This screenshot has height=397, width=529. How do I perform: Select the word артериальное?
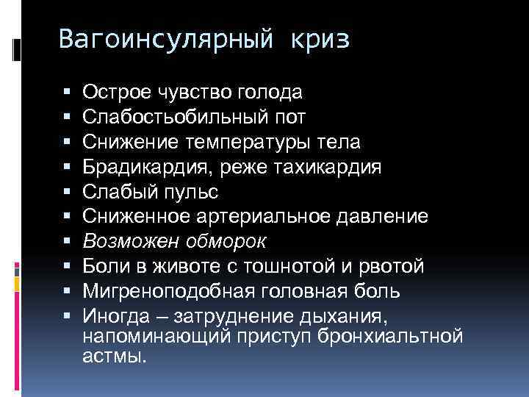click(262, 217)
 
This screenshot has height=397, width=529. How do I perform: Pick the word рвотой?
click(373, 267)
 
